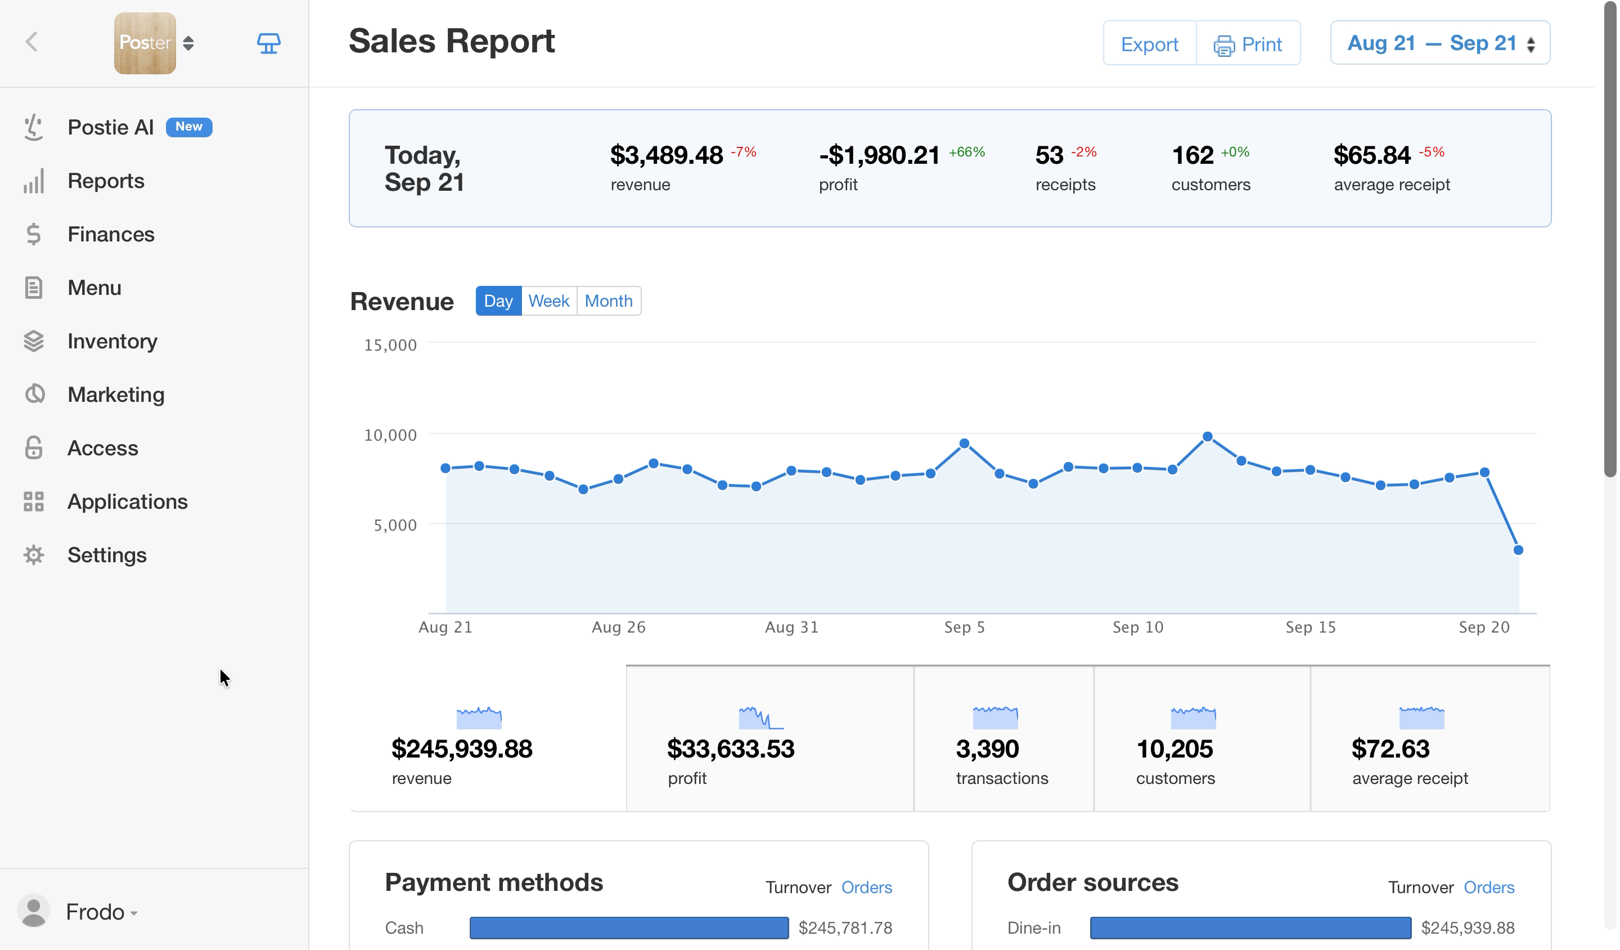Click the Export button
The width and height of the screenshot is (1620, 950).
click(1149, 44)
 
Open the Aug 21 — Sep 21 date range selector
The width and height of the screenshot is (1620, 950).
click(1440, 43)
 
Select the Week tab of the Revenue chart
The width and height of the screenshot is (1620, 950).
click(548, 301)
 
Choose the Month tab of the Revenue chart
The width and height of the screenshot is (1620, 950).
click(608, 301)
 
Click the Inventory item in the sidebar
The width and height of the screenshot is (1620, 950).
click(112, 341)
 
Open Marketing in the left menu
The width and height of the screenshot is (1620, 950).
click(116, 395)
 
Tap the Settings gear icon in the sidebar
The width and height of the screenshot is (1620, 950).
click(33, 554)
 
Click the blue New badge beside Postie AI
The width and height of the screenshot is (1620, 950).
click(189, 127)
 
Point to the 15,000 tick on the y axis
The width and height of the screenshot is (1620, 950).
click(390, 345)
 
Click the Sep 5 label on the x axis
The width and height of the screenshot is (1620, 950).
click(964, 627)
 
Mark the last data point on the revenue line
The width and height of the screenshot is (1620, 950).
click(1518, 550)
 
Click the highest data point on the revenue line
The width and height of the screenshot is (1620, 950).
click(1207, 437)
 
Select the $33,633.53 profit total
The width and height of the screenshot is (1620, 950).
click(730, 749)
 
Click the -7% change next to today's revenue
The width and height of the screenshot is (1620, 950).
click(743, 152)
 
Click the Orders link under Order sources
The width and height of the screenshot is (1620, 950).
click(1489, 888)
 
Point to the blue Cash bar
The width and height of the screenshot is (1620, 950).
click(629, 927)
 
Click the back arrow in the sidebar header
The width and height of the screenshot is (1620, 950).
click(31, 42)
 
